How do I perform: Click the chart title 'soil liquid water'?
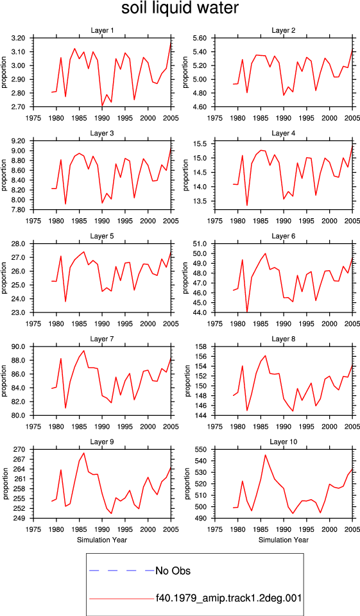[x=180, y=8]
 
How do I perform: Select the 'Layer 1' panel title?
[x=102, y=30]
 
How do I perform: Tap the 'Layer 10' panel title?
[x=284, y=442]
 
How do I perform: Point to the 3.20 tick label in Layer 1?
[x=18, y=38]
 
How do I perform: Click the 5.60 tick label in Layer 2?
[x=200, y=38]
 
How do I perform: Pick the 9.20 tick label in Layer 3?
[x=18, y=141]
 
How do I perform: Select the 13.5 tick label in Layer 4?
[x=201, y=201]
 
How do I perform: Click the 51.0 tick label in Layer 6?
[x=201, y=244]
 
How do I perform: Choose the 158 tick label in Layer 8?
[x=202, y=346]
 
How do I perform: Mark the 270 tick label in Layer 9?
[x=21, y=449]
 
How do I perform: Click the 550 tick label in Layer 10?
[x=202, y=449]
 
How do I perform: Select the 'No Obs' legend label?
[x=173, y=570]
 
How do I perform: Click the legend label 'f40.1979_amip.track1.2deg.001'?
[x=228, y=598]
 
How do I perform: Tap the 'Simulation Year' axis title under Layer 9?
[x=102, y=540]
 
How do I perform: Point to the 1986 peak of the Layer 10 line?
[x=265, y=455]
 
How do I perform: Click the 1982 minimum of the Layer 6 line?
[x=247, y=312]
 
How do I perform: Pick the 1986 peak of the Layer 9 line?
[x=83, y=453]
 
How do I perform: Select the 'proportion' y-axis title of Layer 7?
[x=4, y=381]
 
